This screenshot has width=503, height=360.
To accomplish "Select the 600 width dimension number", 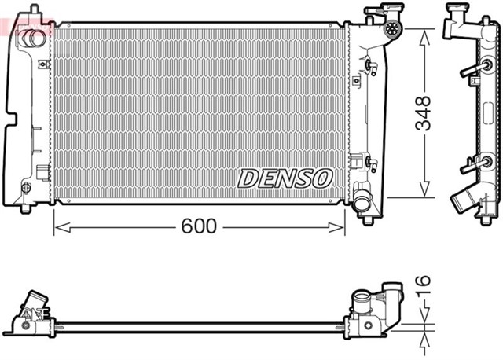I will pos(199,226).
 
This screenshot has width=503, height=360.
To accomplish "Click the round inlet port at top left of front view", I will pos(33,37).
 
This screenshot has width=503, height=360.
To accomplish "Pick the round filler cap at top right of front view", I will pos(392,31).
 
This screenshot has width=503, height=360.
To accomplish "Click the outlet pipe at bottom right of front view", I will pos(364,203).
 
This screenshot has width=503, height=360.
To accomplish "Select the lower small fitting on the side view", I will pos(469,164).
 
